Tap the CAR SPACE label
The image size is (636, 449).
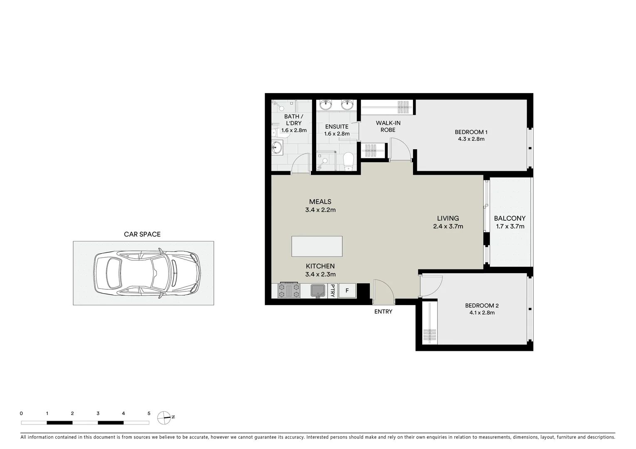(142, 234)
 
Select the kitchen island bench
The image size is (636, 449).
(317, 246)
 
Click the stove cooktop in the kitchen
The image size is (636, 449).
(289, 290)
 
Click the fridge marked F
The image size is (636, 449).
(347, 291)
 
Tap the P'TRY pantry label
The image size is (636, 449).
(332, 290)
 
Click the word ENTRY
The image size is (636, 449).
(383, 311)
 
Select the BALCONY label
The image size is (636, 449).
(510, 218)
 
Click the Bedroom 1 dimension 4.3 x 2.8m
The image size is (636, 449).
(471, 139)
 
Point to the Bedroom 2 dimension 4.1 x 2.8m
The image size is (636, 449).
(482, 313)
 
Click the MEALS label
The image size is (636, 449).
(320, 202)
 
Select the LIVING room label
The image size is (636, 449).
(448, 218)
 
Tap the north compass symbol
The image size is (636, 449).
(164, 417)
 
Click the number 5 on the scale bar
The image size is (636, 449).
(149, 414)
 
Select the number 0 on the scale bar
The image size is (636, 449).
(21, 414)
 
